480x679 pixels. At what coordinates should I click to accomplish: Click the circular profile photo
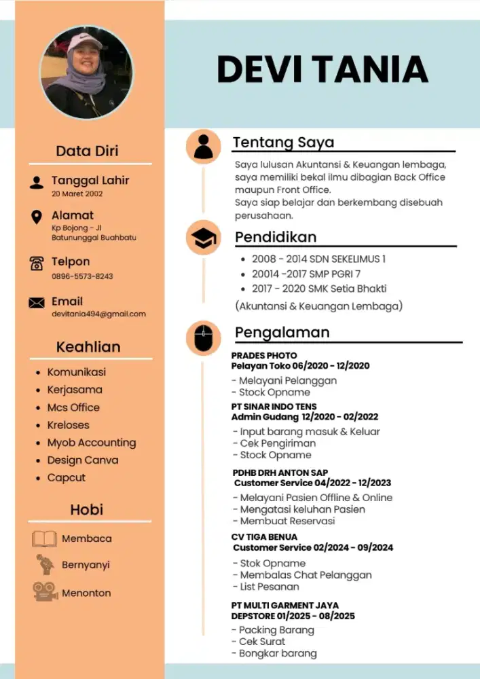coord(86,73)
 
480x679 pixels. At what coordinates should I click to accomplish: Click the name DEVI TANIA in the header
coord(322,69)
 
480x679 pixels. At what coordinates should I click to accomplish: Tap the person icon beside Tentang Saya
coord(203,146)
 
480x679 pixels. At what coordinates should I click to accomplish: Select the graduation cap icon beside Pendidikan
coord(203,238)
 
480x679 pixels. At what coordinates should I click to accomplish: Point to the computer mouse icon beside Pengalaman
coord(203,337)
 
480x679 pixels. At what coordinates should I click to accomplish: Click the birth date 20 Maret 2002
coord(77,194)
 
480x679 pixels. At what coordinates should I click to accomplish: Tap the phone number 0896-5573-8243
coord(82,276)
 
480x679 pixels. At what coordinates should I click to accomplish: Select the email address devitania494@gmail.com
coord(98,314)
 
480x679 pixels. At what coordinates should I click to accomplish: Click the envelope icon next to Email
coord(37,303)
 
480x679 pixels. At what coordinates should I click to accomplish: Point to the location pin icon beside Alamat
coord(37,217)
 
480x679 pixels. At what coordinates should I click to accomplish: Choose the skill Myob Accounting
coord(91,443)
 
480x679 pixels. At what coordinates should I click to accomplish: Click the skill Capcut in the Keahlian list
coord(66,477)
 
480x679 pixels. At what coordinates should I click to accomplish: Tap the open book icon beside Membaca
coord(44,539)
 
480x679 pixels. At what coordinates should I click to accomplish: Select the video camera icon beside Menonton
coord(45,591)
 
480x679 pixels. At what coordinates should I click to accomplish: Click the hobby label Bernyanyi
coord(86,565)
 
